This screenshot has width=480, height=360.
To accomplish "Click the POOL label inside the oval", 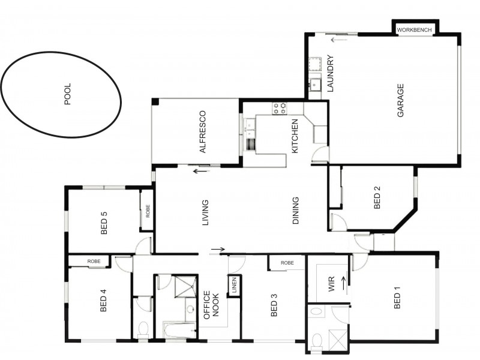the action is point(68,94).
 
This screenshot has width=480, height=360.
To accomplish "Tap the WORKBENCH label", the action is point(414,30).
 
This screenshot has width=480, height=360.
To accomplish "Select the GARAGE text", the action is point(400,100).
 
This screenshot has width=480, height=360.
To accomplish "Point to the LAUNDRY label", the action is point(331,73).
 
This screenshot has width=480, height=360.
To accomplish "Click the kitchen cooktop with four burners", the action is point(280,108).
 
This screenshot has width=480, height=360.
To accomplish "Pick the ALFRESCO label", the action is point(203,132).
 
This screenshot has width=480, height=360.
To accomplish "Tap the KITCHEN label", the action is point(295,136).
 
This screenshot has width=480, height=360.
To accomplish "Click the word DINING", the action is point(295,211).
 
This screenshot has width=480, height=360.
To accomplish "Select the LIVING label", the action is point(205,212).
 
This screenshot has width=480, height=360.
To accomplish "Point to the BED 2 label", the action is point(377,197).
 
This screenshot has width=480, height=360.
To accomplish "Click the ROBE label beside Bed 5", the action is point(148,211).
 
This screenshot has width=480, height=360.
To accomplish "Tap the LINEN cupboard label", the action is point(235,286).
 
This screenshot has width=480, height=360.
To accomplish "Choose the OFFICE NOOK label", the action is point(211,305).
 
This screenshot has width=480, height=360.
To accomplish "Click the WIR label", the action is point(332,284).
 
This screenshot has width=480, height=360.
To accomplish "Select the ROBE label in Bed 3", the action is point(287,263).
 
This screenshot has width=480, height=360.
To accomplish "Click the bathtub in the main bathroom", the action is point(179,330).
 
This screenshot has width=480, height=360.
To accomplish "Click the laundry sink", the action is point(314,85).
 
